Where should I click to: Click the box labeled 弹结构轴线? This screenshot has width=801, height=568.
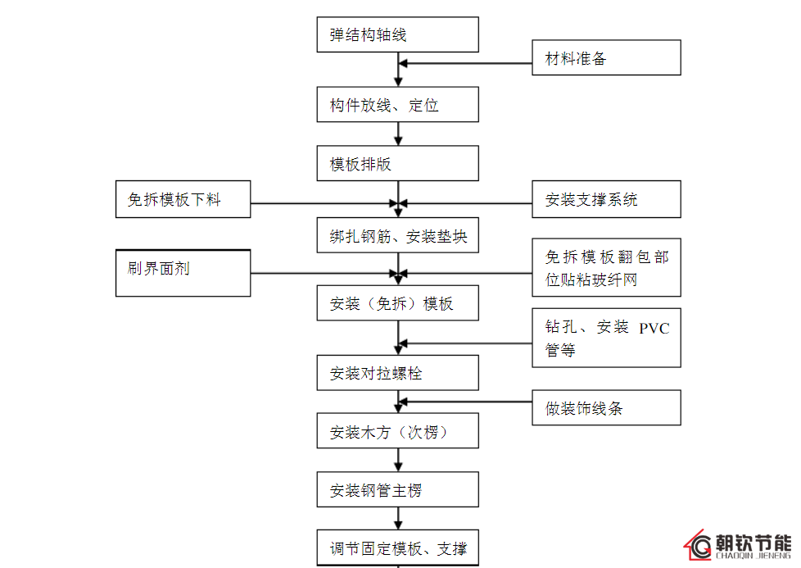pyautogui.click(x=397, y=35)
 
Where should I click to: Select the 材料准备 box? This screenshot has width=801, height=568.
pyautogui.click(x=606, y=58)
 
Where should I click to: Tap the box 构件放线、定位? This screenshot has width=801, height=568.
pyautogui.click(x=397, y=105)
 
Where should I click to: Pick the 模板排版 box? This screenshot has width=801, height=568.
pyautogui.click(x=397, y=163)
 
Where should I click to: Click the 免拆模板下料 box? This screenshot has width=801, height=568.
pyautogui.click(x=183, y=199)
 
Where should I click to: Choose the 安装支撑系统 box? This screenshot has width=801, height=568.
pyautogui.click(x=606, y=199)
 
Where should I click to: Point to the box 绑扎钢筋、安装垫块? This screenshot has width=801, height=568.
pyautogui.click(x=397, y=236)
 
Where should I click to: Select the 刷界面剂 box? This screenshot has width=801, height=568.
pyautogui.click(x=183, y=273)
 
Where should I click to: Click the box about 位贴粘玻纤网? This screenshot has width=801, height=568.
pyautogui.click(x=606, y=267)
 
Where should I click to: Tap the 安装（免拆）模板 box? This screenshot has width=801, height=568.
pyautogui.click(x=397, y=303)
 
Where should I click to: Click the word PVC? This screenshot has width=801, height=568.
pyautogui.click(x=654, y=329)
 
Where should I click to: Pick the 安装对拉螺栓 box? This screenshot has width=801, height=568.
pyautogui.click(x=397, y=373)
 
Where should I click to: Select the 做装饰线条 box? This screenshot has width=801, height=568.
pyautogui.click(x=606, y=407)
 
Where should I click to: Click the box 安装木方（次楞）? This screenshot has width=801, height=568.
pyautogui.click(x=397, y=431)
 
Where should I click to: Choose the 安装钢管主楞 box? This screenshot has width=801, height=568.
pyautogui.click(x=397, y=490)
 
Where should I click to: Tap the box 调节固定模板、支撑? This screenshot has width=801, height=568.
pyautogui.click(x=397, y=548)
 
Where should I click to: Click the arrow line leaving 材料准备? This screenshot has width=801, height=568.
pyautogui.click(x=467, y=63)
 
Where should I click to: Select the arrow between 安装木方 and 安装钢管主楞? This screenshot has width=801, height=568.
pyautogui.click(x=398, y=461)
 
